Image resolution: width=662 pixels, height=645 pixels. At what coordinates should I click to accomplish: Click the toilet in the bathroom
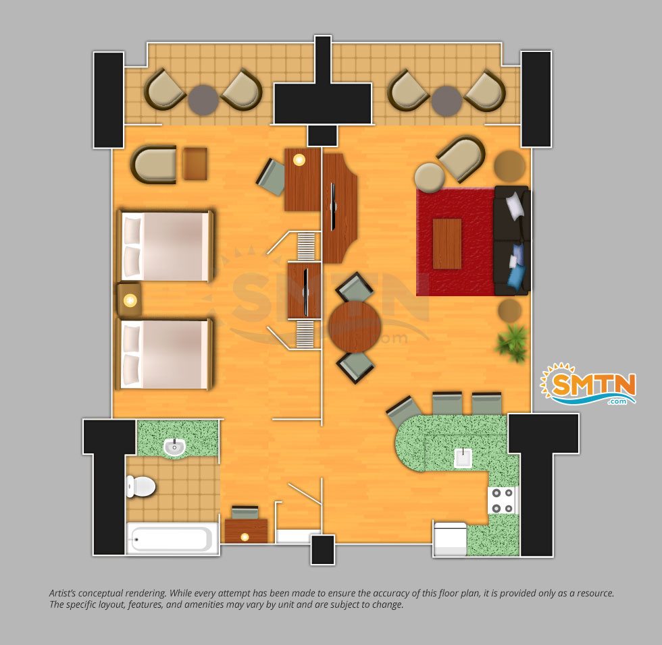click(x=141, y=486)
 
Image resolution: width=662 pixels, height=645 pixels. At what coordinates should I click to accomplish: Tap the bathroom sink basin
click(x=174, y=447)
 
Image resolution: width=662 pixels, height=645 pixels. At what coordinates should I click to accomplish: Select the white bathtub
click(x=172, y=538)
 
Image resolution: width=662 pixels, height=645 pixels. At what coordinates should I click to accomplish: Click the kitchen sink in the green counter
click(x=463, y=458)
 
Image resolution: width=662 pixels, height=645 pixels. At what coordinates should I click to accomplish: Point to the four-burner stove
click(x=503, y=501)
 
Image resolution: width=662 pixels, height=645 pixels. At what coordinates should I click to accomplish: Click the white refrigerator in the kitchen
click(x=450, y=539)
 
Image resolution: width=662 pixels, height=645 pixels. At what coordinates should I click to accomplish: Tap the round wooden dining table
click(x=355, y=327)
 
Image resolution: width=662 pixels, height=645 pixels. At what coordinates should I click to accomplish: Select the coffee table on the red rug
click(x=447, y=244)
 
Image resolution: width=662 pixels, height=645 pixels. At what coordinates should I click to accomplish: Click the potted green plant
click(x=512, y=342)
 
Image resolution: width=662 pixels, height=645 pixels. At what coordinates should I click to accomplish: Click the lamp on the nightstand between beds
click(x=130, y=301)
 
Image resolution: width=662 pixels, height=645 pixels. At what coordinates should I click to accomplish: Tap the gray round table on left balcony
click(x=203, y=100)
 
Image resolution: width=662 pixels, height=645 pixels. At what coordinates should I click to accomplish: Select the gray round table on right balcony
click(x=447, y=101)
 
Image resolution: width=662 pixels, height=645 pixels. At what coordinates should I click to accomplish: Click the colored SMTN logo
click(x=589, y=384)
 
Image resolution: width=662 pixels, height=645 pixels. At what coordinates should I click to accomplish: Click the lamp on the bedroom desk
click(x=299, y=160)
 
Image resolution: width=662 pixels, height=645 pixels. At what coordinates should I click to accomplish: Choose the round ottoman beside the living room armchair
click(x=430, y=177)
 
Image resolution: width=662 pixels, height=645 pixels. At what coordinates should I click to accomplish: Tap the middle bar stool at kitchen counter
click(x=447, y=404)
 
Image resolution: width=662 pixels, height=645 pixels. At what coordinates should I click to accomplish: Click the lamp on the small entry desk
click(x=245, y=537)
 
